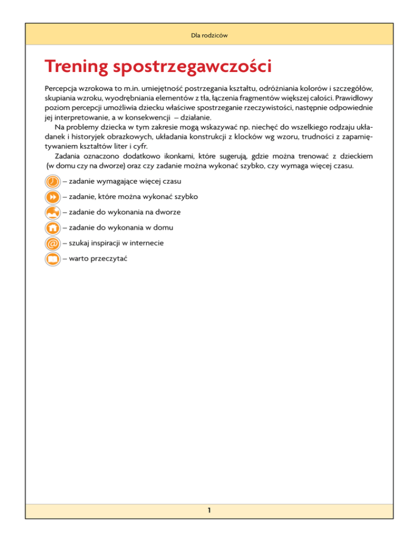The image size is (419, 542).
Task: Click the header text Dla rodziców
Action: click(x=209, y=35)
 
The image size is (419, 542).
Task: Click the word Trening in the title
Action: click(x=77, y=68)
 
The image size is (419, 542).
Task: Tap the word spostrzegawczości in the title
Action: click(x=193, y=69)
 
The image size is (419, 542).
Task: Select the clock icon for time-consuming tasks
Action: click(x=51, y=180)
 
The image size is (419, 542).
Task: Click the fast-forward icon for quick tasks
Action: click(x=51, y=196)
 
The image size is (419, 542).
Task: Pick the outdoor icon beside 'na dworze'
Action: click(x=51, y=212)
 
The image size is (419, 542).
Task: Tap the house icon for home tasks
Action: click(x=51, y=228)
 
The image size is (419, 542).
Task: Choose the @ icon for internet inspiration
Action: click(x=51, y=244)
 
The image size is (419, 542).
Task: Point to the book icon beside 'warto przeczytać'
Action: click(x=51, y=260)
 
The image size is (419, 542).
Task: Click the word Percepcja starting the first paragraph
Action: click(x=62, y=87)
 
